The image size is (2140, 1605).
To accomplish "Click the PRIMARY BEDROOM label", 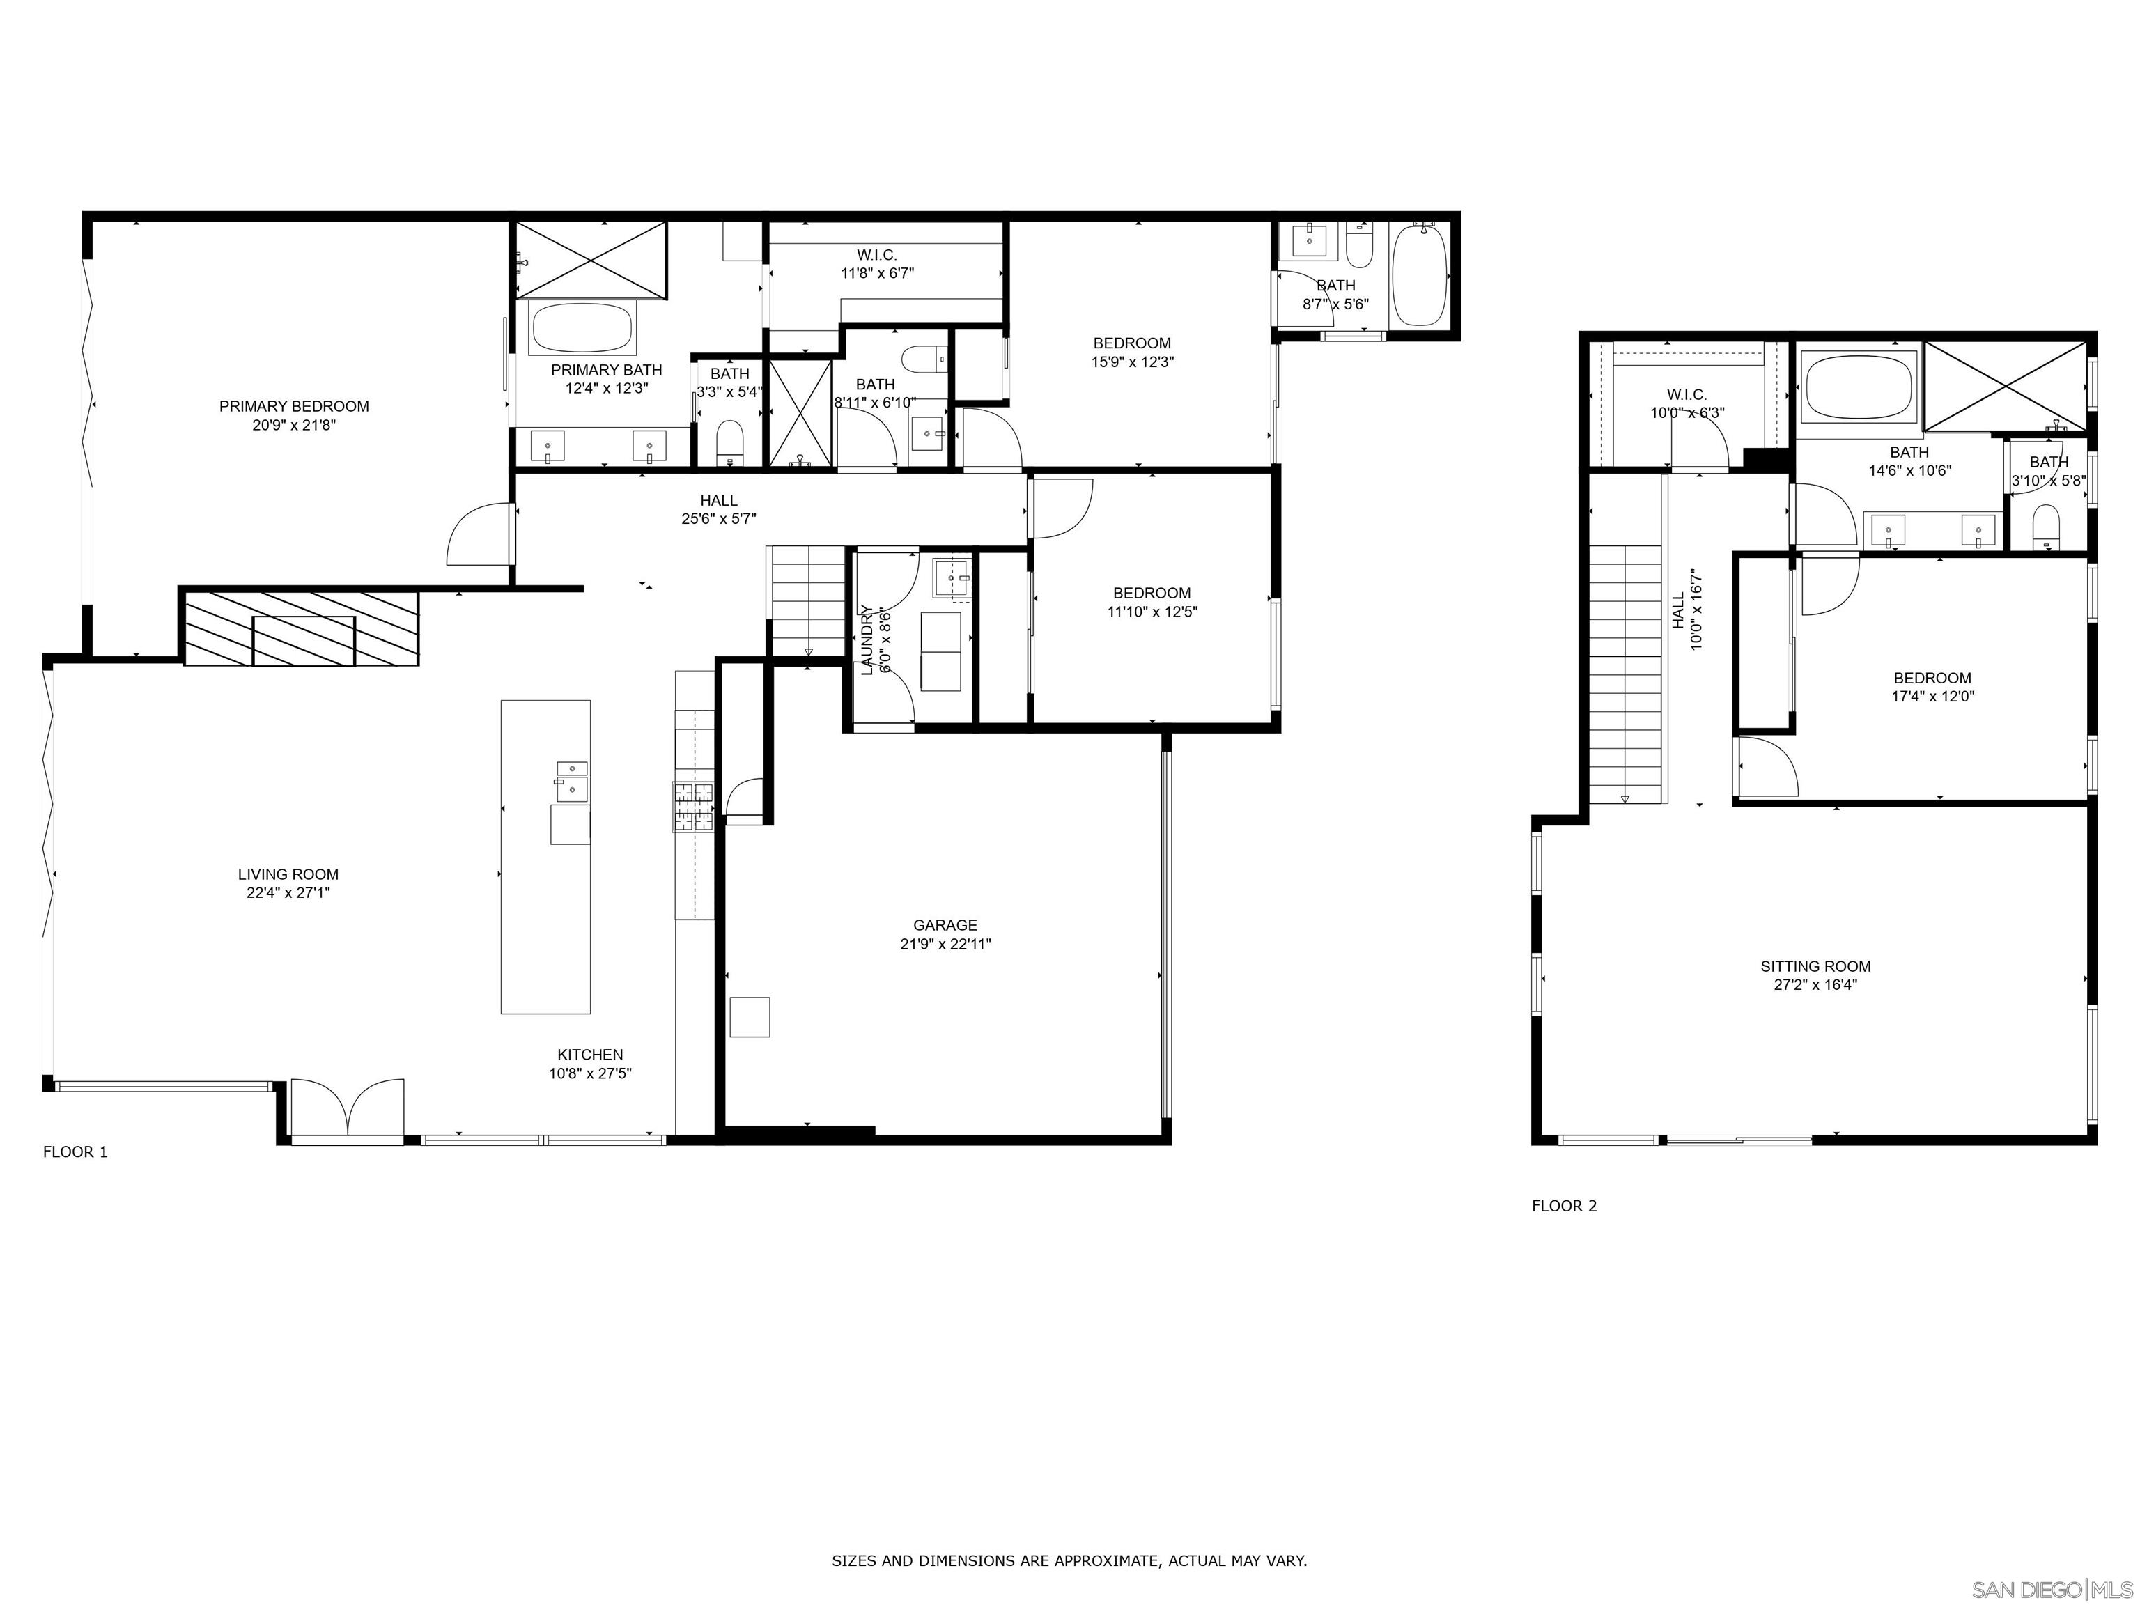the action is click(294, 406).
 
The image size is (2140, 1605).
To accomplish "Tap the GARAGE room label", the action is click(945, 925).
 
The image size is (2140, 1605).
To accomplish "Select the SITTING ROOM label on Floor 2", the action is click(1816, 966).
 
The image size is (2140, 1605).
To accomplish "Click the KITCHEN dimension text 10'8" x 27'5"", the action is click(590, 1073).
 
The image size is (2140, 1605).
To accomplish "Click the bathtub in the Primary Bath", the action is click(582, 329).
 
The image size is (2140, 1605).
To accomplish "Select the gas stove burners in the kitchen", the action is click(692, 807).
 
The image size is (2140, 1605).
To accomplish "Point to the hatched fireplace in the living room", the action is click(302, 628).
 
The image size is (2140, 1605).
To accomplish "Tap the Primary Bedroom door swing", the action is click(478, 534).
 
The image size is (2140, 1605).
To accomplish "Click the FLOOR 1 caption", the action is click(75, 1152).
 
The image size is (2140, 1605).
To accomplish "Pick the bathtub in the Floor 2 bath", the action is click(1859, 387).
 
